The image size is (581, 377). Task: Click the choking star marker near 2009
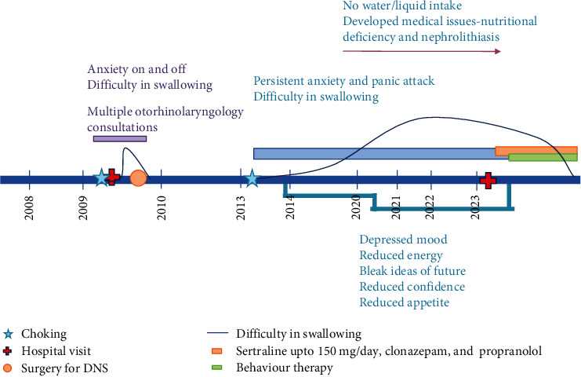tap(100, 178)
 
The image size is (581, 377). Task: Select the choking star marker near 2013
tap(252, 178)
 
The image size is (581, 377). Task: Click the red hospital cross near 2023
tap(488, 181)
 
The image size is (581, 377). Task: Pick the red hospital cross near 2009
tap(112, 178)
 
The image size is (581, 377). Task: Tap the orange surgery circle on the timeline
tap(138, 178)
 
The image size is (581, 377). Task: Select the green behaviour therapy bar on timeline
tap(543, 158)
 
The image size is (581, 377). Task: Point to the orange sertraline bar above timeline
tap(536, 149)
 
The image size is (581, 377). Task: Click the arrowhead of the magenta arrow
tap(497, 52)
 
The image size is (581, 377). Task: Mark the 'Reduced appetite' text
tap(404, 302)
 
